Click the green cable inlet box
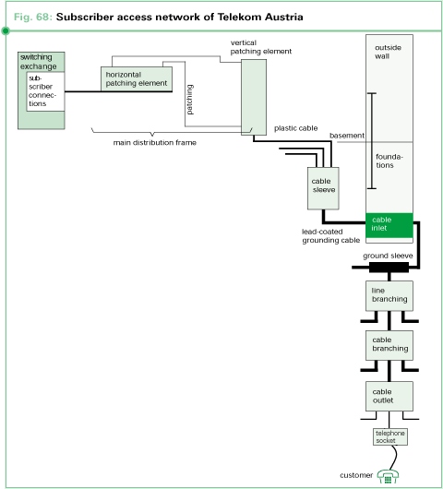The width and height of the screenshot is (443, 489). (x=389, y=224)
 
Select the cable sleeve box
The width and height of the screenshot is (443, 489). (x=322, y=187)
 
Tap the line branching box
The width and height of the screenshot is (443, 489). (x=389, y=295)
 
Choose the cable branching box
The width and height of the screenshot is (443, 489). (x=389, y=344)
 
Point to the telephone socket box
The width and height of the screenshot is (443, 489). (x=389, y=435)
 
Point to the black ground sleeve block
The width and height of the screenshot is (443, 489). (x=389, y=268)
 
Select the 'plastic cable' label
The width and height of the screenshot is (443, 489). (x=296, y=128)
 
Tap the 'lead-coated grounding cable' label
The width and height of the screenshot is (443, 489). (x=330, y=236)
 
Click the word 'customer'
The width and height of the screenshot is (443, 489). (x=356, y=475)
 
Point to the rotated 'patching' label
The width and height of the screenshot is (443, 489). (x=189, y=98)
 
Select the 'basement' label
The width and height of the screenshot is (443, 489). (x=347, y=136)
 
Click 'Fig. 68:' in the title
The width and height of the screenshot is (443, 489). (x=33, y=17)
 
